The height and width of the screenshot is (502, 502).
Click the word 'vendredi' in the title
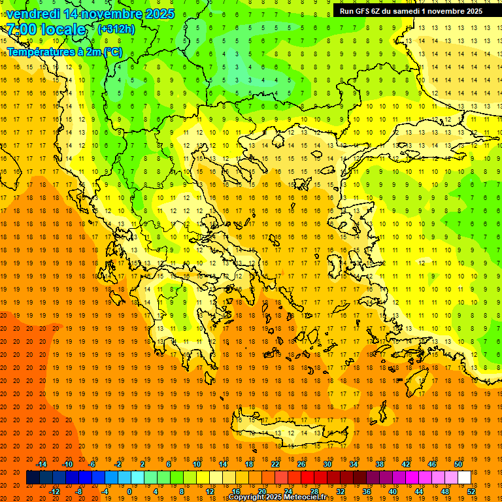pos(37,14)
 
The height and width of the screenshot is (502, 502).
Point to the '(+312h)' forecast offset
pos(116,29)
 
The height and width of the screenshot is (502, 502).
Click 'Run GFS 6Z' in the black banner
pos(364,11)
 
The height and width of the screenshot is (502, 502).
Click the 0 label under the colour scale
pos(129,491)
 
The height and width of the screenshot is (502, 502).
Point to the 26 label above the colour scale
pos(301,463)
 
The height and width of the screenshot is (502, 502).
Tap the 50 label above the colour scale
pos(458,463)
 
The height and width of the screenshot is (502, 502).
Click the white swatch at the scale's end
pos(465,478)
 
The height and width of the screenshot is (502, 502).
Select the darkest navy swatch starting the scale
pos(33,478)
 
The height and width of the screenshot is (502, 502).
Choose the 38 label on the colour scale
pos(380,463)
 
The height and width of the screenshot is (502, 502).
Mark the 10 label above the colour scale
pos(197,463)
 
